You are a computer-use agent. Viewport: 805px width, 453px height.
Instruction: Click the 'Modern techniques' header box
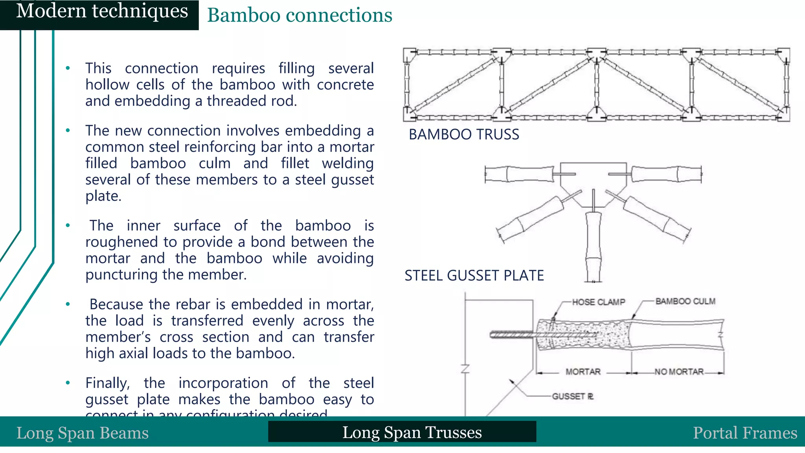coord(101,12)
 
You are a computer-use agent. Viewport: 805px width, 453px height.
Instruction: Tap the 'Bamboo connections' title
coord(300,16)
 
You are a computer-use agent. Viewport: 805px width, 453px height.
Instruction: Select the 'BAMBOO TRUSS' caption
coord(464,134)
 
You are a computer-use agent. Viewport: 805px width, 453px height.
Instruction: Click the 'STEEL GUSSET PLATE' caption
coord(474,276)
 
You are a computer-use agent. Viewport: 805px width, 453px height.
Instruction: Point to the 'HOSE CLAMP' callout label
coord(598,302)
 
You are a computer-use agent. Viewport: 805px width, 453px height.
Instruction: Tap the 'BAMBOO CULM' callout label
coord(685,301)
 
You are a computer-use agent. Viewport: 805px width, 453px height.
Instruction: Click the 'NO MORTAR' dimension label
coord(679,372)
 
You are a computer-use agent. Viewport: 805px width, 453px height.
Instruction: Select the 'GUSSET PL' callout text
coord(572,396)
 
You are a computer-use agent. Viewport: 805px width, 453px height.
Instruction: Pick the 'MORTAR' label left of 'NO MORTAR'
coord(583,372)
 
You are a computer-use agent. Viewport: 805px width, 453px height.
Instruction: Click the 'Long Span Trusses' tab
coord(412,432)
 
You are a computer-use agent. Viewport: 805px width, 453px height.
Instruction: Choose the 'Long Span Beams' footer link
coord(83,433)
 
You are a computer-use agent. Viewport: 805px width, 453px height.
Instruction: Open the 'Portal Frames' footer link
coord(745,433)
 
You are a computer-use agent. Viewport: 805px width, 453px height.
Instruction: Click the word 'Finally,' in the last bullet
coord(107,383)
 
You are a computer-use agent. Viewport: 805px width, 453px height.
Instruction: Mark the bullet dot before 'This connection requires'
coord(68,68)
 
